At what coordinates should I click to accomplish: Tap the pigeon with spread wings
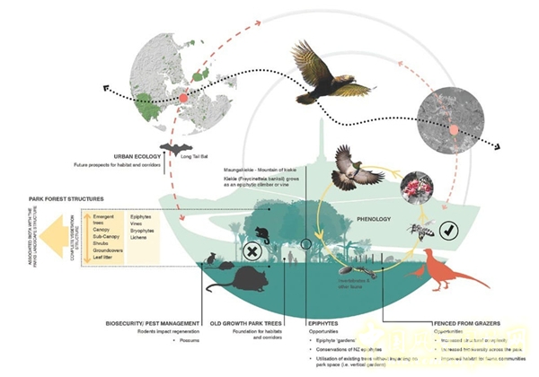(x=353, y=168)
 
